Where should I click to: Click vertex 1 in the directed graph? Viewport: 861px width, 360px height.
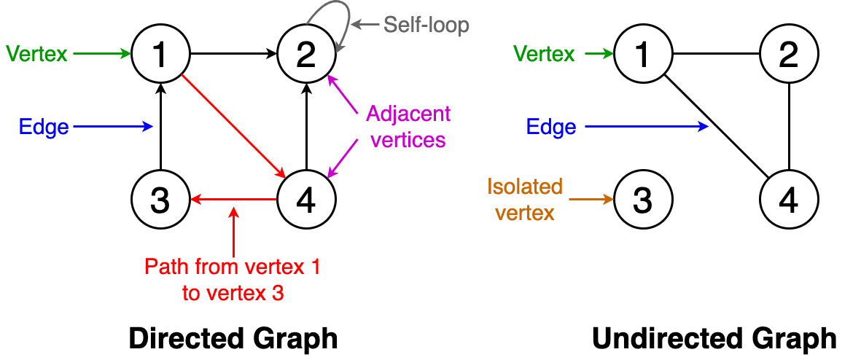tap(161, 55)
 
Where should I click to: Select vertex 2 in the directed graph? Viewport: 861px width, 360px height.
tap(307, 55)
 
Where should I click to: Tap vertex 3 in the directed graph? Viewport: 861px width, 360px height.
tap(161, 198)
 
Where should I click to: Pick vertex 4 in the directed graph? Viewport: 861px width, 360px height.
tap(307, 198)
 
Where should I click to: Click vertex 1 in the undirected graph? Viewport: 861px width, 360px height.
tap(642, 55)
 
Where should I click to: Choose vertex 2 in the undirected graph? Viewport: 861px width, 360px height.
tap(788, 55)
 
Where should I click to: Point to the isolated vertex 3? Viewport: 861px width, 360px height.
tap(642, 198)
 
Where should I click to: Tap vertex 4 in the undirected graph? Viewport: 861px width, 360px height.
tap(788, 198)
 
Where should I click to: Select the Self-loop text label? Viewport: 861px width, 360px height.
tap(426, 25)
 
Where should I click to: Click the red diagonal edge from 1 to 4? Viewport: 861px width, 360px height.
tap(233, 125)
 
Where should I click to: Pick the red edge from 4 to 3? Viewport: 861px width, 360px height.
tap(233, 198)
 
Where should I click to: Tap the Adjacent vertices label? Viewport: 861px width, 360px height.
tap(407, 126)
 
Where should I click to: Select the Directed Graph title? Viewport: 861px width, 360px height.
tap(233, 339)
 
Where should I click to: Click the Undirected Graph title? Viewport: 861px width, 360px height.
tap(714, 339)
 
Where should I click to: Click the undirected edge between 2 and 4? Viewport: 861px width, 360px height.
tap(788, 125)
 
